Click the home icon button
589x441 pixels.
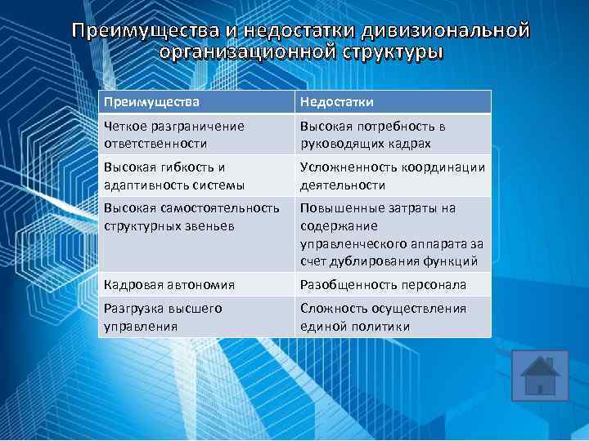(539, 376)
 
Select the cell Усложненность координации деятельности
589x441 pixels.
(393, 176)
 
